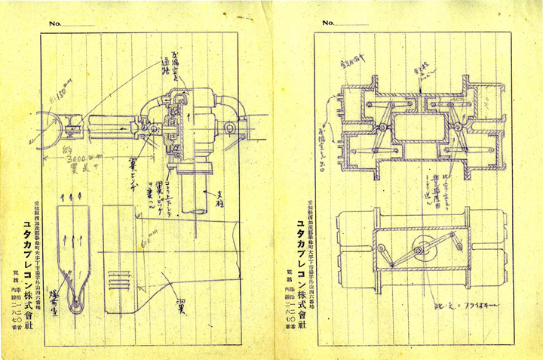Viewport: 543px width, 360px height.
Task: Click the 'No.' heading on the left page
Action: [55, 23]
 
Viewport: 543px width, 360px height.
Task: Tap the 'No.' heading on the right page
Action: [328, 23]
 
